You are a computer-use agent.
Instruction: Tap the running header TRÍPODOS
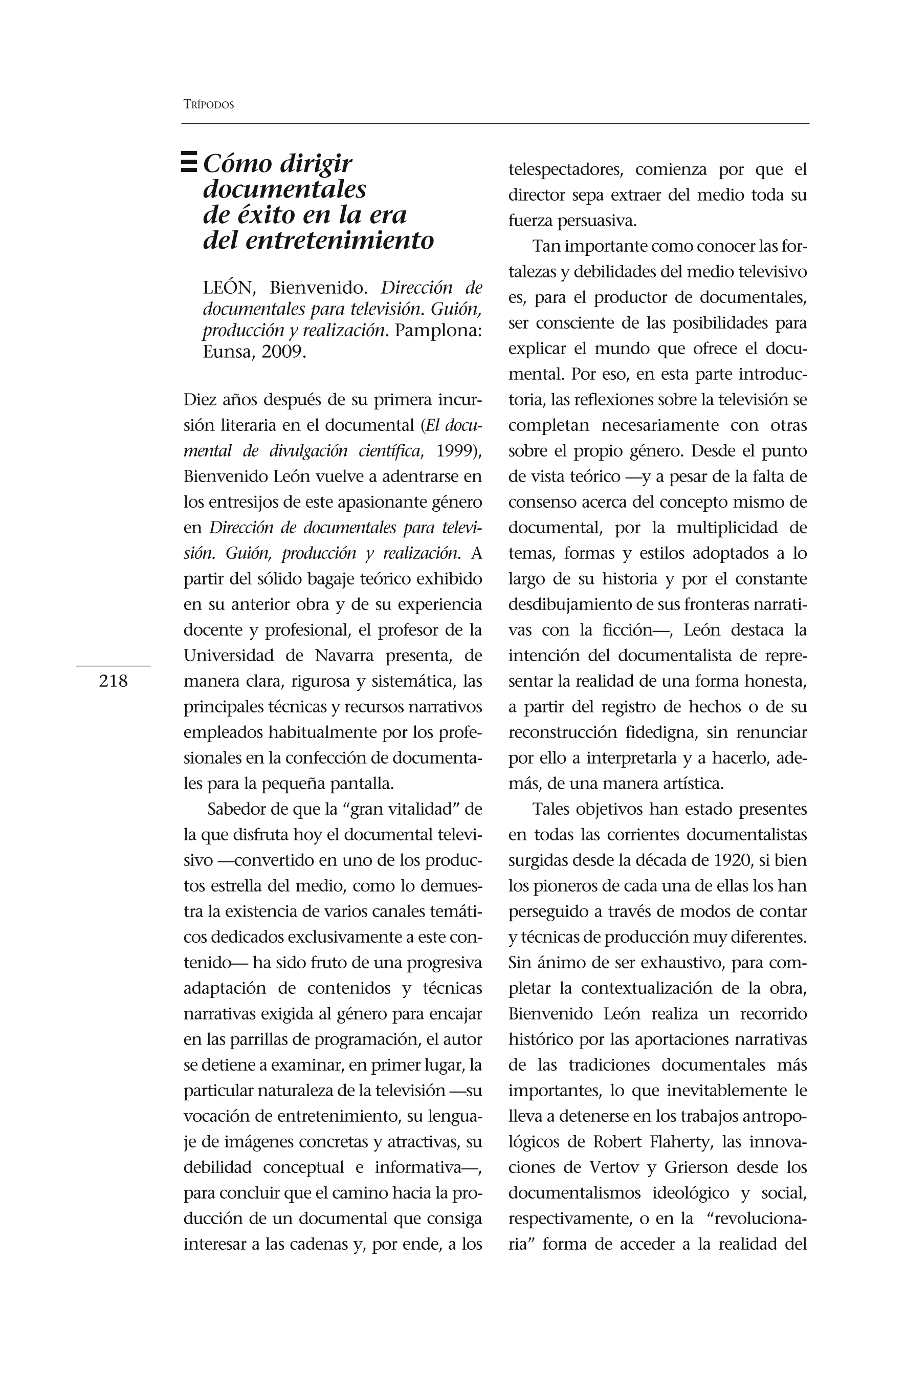point(208,105)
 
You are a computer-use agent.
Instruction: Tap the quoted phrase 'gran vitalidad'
point(400,810)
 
